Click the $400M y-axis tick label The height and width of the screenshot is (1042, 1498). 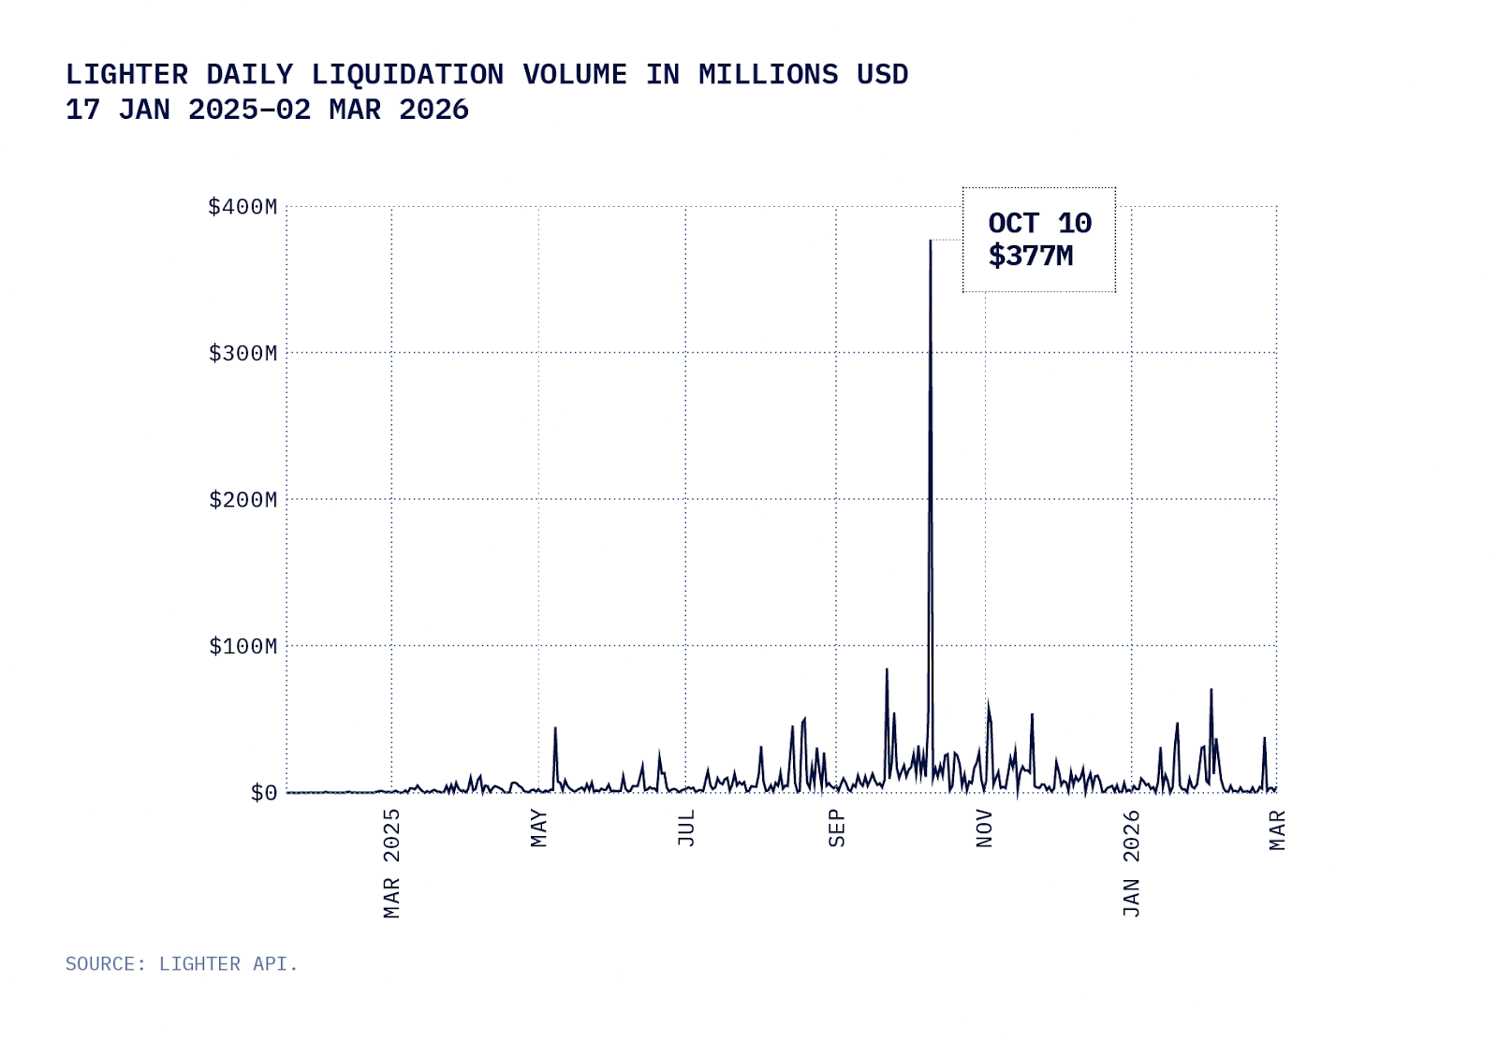click(242, 207)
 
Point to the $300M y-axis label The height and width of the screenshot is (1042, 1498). click(242, 353)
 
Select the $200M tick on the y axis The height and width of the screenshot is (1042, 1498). click(242, 500)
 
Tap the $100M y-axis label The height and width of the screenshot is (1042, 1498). click(242, 646)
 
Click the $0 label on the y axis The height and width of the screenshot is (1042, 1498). click(263, 793)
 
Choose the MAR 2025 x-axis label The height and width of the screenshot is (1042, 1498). click(391, 863)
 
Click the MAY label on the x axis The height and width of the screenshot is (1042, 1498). click(538, 829)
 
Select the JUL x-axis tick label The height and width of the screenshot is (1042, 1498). click(686, 829)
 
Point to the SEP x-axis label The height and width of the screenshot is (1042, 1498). click(836, 829)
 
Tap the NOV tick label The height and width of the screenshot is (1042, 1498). click(984, 829)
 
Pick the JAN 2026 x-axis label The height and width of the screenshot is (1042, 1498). click(1131, 863)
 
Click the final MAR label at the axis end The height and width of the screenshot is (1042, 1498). click(1277, 830)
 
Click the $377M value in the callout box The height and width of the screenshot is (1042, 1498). click(1030, 256)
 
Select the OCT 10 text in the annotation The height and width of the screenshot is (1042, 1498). click(1039, 224)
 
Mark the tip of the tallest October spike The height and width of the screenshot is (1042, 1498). click(930, 241)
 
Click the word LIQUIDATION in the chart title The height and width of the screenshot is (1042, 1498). click(407, 75)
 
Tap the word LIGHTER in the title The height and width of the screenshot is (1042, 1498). click(126, 75)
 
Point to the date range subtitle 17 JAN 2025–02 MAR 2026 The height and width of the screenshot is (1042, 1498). click(267, 110)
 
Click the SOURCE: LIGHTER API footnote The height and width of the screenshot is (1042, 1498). click(182, 963)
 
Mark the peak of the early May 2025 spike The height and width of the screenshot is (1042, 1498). click(555, 727)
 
